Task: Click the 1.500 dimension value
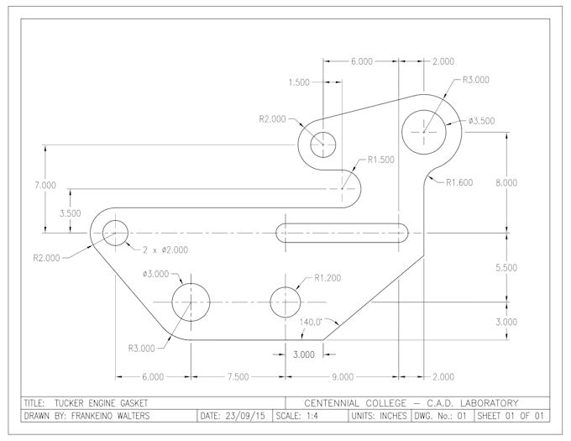(x=298, y=83)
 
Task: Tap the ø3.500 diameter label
(x=481, y=121)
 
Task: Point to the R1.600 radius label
(x=459, y=182)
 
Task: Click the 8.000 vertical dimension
(x=507, y=182)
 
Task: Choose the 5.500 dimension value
(x=507, y=267)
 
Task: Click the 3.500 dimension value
(x=70, y=213)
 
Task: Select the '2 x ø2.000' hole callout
(x=165, y=249)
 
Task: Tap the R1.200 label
(x=327, y=278)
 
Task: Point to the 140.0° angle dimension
(x=312, y=322)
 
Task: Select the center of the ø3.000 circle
(x=191, y=301)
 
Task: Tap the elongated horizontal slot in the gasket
(x=341, y=233)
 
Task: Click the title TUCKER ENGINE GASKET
(x=100, y=402)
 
